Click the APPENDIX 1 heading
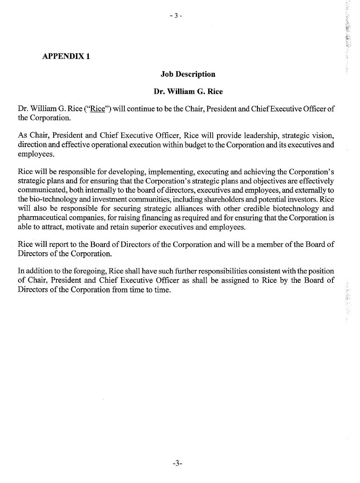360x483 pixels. [x=66, y=56]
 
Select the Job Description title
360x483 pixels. [x=188, y=74]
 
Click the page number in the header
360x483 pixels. [x=176, y=16]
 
